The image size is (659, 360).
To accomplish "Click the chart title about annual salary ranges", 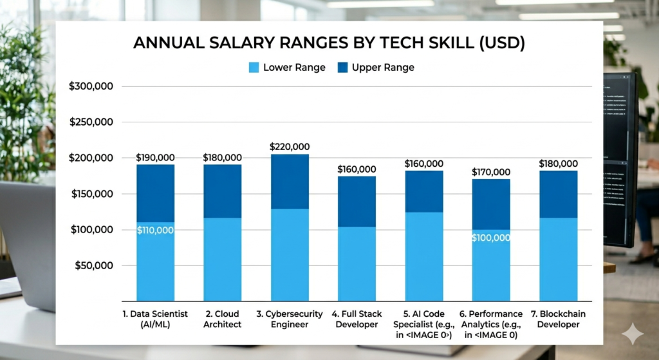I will click(329, 43).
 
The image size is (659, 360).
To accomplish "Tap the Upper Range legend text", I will click(383, 68).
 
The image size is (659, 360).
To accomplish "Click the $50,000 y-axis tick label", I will click(93, 265).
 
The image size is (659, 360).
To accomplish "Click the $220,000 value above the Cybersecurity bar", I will click(289, 147).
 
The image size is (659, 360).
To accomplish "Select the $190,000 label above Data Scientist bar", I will click(155, 157).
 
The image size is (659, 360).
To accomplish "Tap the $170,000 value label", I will click(490, 172).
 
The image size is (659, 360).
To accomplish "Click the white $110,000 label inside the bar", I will click(155, 230).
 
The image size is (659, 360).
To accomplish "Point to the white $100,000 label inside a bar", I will click(490, 238).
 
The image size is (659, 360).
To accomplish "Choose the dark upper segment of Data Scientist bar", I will click(155, 193).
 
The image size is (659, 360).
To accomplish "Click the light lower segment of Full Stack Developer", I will click(357, 264).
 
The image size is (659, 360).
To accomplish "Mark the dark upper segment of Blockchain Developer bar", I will click(558, 194).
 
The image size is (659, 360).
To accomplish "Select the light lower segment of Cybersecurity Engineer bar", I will click(289, 255).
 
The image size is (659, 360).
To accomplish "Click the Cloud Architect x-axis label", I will click(222, 319).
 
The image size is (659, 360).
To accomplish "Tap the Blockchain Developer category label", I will click(558, 319).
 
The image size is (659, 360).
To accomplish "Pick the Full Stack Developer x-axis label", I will click(357, 319).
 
